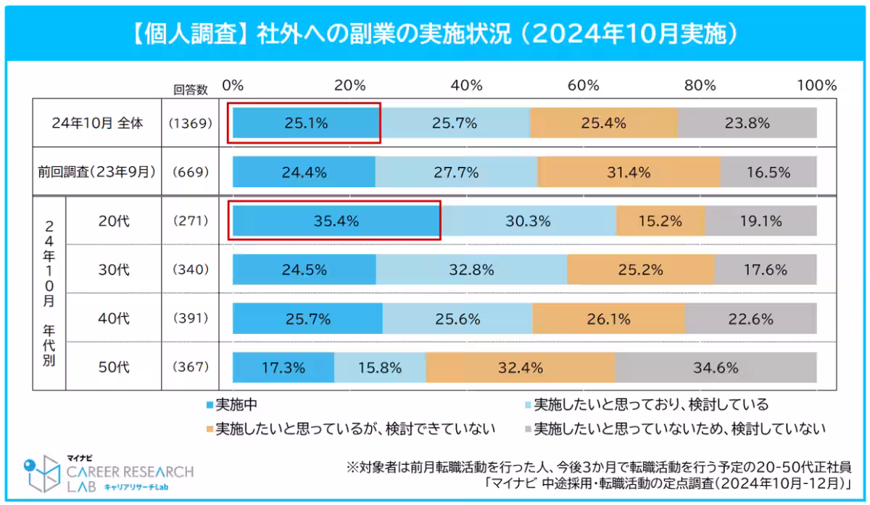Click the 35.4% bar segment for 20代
click(336, 221)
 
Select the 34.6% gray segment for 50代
click(715, 368)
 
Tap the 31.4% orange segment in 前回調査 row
click(629, 173)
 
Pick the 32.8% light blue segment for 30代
click(471, 270)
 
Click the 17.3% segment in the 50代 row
click(283, 368)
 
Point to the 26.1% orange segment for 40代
click(608, 319)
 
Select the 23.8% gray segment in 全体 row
click(747, 123)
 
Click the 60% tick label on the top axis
click(584, 85)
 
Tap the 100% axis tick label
click(816, 85)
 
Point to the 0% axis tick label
click(233, 85)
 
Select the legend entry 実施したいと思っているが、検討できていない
click(355, 429)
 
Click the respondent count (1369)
click(190, 123)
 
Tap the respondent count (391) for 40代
click(190, 319)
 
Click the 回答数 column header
click(190, 89)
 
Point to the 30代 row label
click(114, 270)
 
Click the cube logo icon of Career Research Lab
click(41, 472)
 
